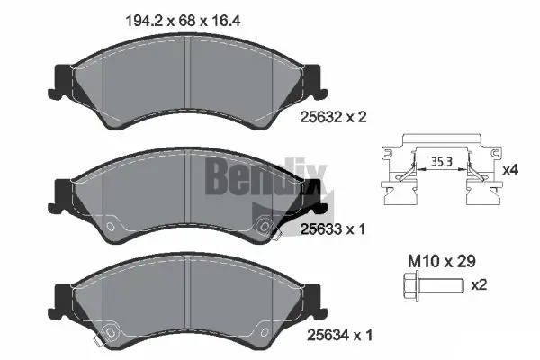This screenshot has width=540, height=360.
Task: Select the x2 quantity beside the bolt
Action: click(480, 285)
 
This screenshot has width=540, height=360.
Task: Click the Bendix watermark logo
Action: click(254, 175)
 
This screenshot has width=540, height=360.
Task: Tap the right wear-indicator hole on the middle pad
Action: click(263, 225)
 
